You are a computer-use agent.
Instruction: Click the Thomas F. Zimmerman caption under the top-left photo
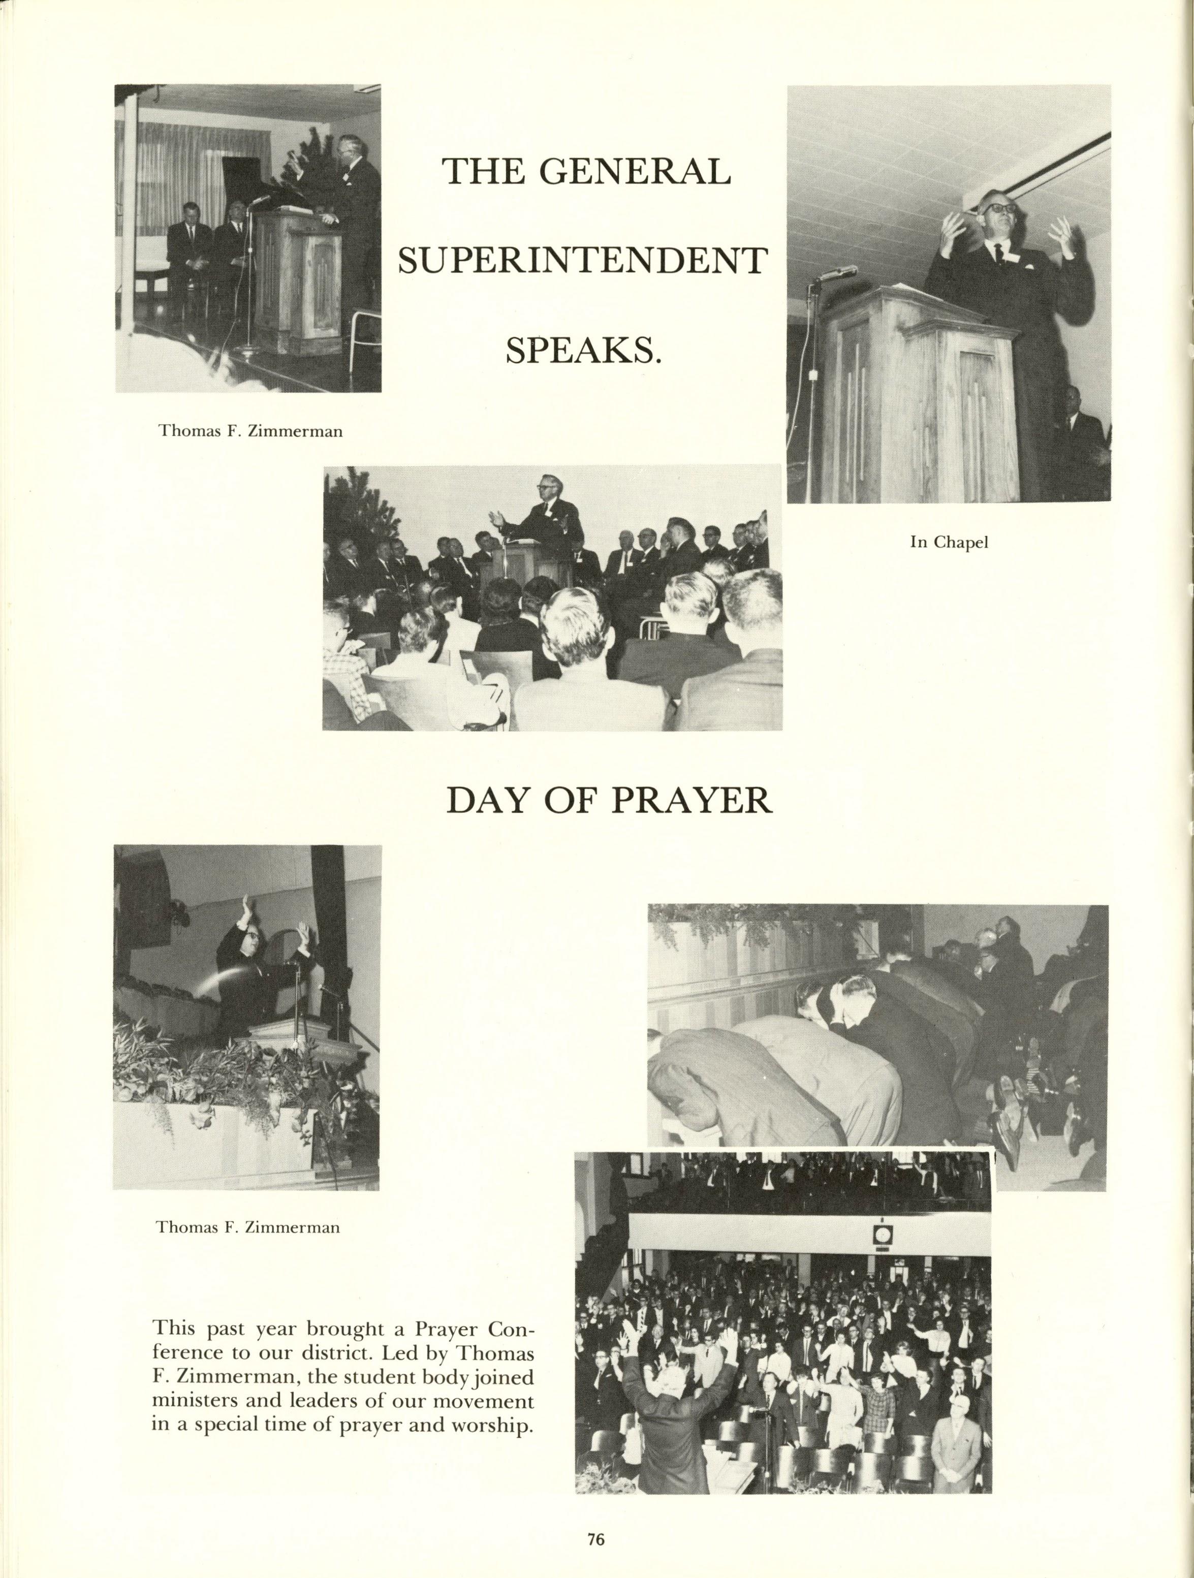(250, 431)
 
